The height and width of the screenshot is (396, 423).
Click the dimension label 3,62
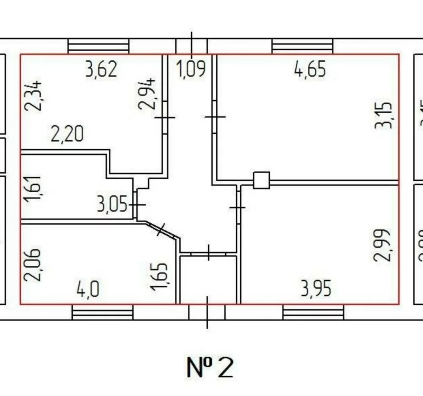[x=101, y=69]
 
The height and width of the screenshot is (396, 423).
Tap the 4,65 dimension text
[x=310, y=69]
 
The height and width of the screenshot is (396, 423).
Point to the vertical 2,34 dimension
[x=33, y=96]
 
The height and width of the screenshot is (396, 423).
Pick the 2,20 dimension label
[x=67, y=134]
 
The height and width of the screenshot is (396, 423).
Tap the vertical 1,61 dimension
[x=33, y=190]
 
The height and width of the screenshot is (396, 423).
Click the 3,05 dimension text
[x=112, y=206]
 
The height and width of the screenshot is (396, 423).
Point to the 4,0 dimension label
[x=88, y=290]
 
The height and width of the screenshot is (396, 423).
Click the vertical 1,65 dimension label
[x=159, y=277]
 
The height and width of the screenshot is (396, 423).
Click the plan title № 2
[x=209, y=367]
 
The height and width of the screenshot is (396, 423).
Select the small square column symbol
[x=261, y=180]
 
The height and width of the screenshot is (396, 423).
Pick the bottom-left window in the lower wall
[x=102, y=312]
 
